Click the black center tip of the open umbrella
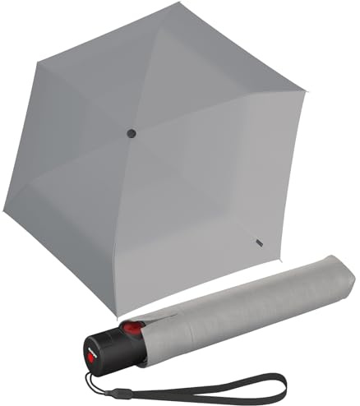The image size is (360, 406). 132,132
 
